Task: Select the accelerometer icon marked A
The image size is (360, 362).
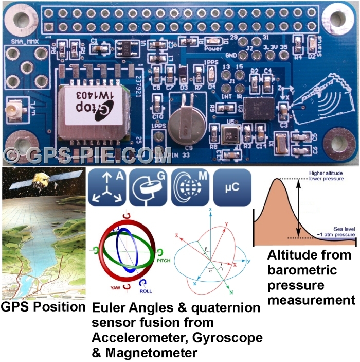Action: tap(107, 188)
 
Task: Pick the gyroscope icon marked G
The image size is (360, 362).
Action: tap(149, 188)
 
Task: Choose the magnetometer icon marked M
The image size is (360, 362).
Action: tap(190, 188)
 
